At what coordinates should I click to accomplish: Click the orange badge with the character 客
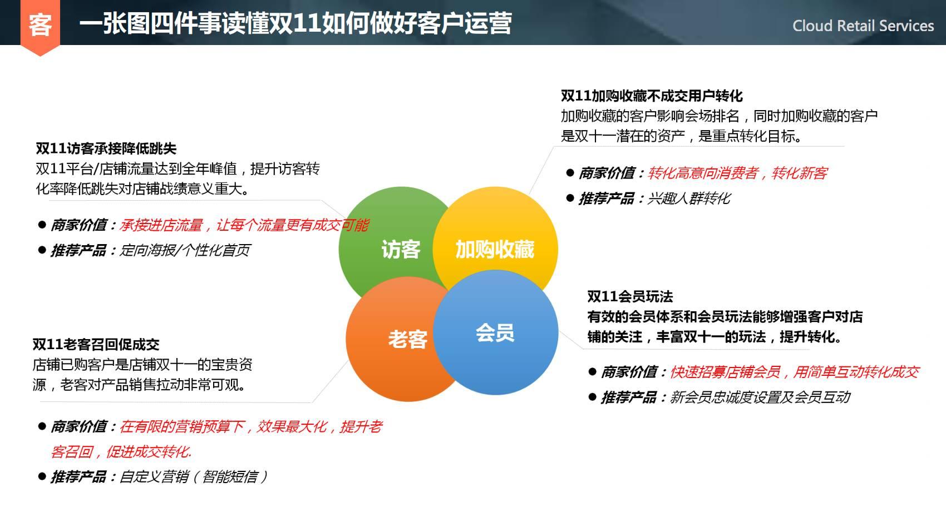[x=40, y=26]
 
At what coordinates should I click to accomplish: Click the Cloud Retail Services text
[x=863, y=26]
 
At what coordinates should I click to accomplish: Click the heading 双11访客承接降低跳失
[x=106, y=148]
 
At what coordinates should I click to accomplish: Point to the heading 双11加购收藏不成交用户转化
[x=652, y=96]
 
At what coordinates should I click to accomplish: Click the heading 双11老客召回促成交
[x=96, y=345]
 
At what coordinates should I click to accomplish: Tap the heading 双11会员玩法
[x=630, y=296]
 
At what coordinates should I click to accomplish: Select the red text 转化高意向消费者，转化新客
[x=737, y=173]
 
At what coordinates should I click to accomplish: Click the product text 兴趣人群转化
[x=689, y=198]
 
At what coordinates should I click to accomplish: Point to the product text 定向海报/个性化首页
[x=185, y=250]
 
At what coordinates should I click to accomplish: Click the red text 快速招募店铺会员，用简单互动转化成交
[x=795, y=372]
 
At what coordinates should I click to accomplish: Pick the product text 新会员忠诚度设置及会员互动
[x=760, y=397]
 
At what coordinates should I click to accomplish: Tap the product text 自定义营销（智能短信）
[x=194, y=477]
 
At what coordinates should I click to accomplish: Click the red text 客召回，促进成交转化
[x=121, y=452]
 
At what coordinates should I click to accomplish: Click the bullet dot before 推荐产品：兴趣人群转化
[x=570, y=198]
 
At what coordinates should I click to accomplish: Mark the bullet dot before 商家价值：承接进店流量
[x=42, y=225]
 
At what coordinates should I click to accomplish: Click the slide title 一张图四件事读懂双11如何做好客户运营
[x=295, y=23]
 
